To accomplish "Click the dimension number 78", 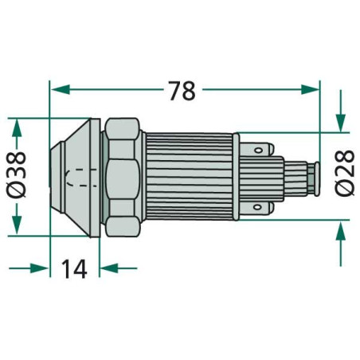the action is point(182,91).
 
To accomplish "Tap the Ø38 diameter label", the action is point(16,174).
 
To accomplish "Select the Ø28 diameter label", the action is point(345,173).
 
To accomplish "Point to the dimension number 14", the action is point(74,268).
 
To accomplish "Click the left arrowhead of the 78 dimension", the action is point(61,90).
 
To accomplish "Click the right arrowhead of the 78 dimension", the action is point(310,90).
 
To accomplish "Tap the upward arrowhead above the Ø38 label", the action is point(17,128).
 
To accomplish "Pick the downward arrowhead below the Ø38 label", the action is point(17,225).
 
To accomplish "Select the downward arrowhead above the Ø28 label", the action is point(341,123).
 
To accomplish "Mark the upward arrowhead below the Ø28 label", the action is point(341,232).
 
